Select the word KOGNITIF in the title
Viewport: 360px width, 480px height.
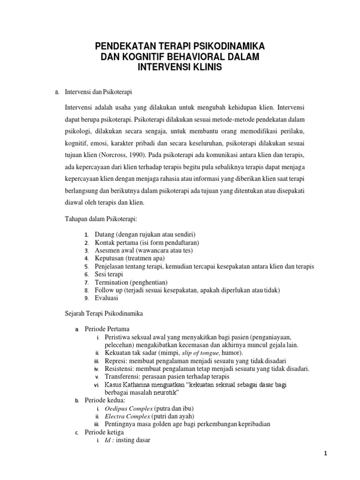pos(138,57)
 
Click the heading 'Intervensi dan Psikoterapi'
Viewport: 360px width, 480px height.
pos(97,92)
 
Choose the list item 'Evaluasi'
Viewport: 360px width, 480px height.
pos(106,298)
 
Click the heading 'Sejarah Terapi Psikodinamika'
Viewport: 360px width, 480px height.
pos(104,313)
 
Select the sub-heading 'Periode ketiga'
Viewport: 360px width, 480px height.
pos(105,432)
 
